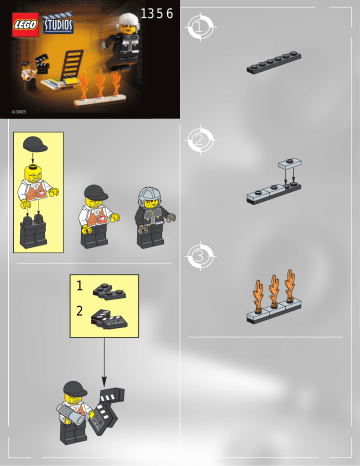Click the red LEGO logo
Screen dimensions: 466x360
point(25,25)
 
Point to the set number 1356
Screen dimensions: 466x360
point(157,13)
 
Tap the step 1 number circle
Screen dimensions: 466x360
point(200,27)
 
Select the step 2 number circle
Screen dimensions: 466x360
point(200,140)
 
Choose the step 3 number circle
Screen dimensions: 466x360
point(200,256)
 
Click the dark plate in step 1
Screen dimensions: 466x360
point(273,63)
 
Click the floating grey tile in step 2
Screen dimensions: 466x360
point(290,164)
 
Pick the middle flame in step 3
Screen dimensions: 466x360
point(273,291)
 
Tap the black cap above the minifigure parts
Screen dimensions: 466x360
point(35,145)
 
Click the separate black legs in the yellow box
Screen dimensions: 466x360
point(34,230)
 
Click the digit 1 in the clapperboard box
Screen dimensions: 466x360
point(80,286)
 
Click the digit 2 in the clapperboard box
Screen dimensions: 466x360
point(80,311)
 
